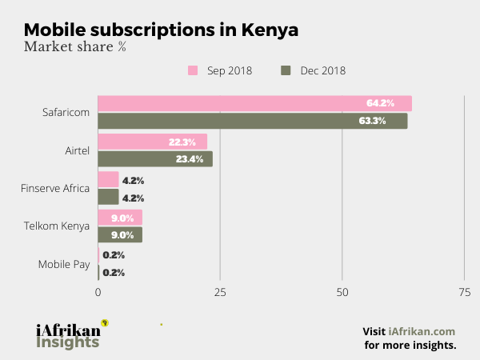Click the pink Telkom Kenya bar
[120, 217]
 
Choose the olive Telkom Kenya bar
[120, 234]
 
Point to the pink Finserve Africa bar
[108, 179]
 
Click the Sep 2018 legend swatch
[193, 70]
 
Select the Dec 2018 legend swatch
[286, 70]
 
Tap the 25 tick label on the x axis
[220, 293]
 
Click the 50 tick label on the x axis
[342, 293]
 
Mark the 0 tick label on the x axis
[98, 293]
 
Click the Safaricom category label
[66, 112]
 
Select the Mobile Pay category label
[64, 264]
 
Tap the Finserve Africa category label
[54, 188]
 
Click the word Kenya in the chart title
[268, 29]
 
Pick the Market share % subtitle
[75, 46]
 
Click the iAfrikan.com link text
[422, 331]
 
